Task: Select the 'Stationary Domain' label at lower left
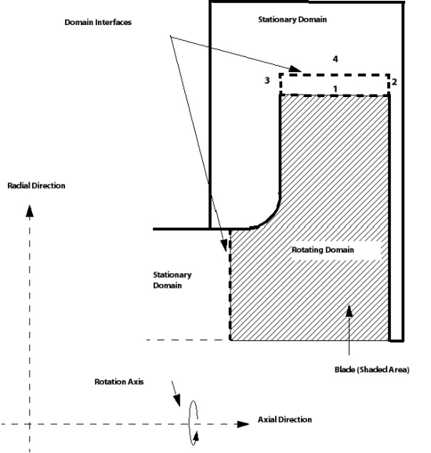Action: pos(172,280)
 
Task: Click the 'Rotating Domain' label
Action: pos(324,250)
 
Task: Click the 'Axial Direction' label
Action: pos(284,419)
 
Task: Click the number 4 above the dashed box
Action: pos(335,59)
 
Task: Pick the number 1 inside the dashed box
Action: pos(335,88)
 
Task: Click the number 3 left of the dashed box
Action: pos(266,81)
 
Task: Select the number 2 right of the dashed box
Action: pos(395,81)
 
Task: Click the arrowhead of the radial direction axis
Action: pos(31,210)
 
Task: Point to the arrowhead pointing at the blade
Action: pos(350,311)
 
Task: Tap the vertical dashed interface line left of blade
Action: pos(229,289)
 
